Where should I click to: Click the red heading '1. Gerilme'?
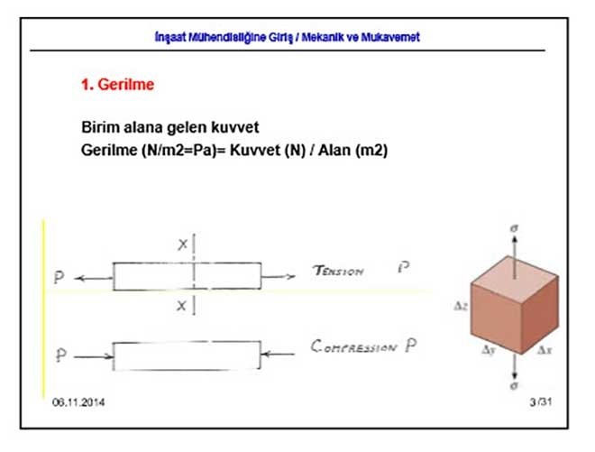coord(118,86)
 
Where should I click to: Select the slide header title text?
coord(288,37)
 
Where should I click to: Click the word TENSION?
coord(337,271)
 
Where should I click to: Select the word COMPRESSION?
coord(353,346)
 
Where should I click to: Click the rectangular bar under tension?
coord(187,276)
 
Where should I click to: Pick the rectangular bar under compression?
coord(187,356)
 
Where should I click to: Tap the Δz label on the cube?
coord(460,307)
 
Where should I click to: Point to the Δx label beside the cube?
coord(543,348)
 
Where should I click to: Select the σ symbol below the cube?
coord(512,386)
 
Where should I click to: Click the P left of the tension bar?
coord(59,278)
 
